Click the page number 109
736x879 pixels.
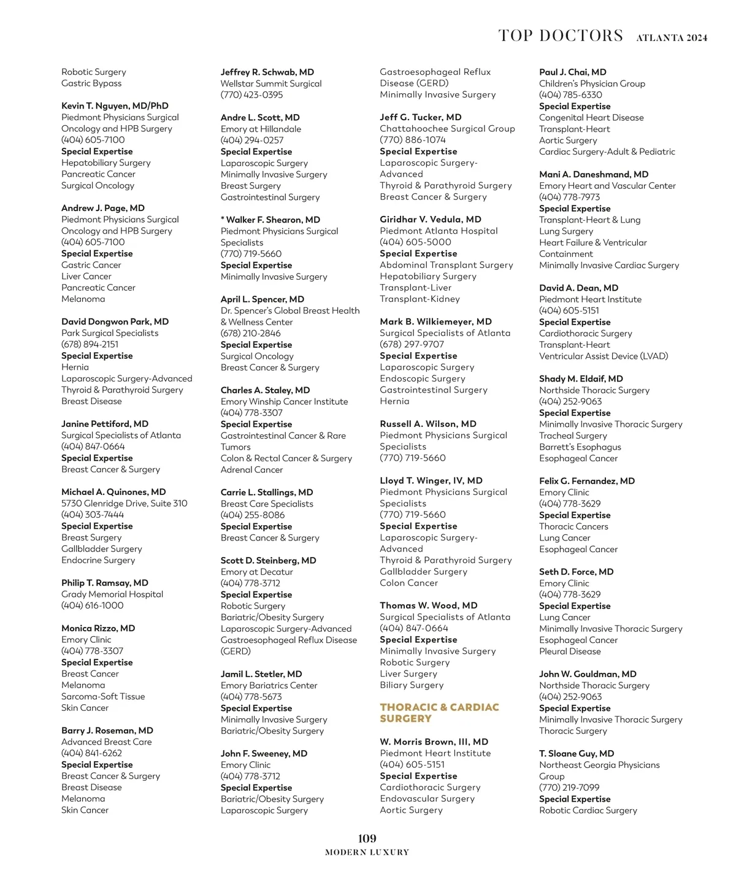367,839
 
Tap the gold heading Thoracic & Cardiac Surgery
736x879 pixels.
439,713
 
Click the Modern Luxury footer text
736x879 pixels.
367,852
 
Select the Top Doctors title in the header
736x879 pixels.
561,36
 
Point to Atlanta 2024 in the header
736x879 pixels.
672,38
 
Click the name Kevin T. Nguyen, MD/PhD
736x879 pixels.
115,106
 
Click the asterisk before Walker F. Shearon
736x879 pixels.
223,219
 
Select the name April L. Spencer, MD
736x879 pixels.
262,299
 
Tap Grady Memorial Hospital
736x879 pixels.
112,594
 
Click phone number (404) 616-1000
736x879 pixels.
92,605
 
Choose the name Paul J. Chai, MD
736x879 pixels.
572,72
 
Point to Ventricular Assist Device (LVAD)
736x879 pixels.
604,356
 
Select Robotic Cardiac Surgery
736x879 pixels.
588,810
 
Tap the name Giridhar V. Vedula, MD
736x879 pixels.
430,219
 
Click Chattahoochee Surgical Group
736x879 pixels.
447,128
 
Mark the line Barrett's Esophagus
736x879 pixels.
580,447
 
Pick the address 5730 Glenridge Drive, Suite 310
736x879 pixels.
124,503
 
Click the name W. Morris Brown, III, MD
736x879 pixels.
434,742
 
